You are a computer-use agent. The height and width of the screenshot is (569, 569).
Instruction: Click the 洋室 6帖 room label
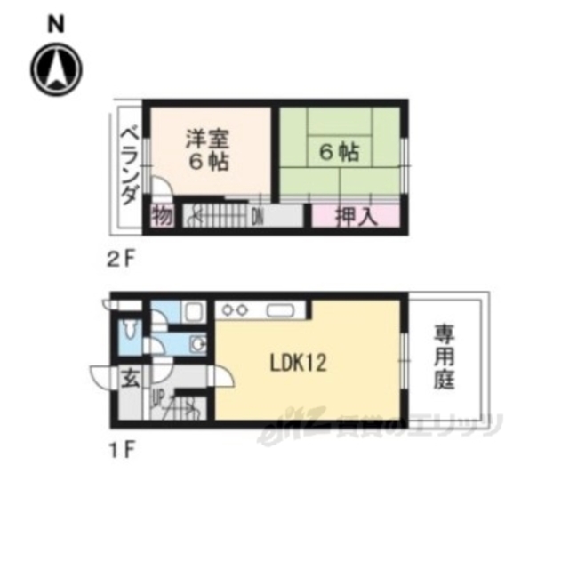pyautogui.click(x=208, y=150)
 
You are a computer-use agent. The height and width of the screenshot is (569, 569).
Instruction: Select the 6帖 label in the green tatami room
pyautogui.click(x=339, y=152)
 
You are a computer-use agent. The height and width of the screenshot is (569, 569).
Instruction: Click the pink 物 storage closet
pyautogui.click(x=161, y=215)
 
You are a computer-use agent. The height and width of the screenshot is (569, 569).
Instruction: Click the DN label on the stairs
pyautogui.click(x=257, y=215)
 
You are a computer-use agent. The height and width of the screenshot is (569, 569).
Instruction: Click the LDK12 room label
pyautogui.click(x=300, y=363)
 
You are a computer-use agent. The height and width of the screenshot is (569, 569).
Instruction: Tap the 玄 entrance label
pyautogui.click(x=130, y=377)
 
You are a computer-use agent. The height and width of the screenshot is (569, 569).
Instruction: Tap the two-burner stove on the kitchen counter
pyautogui.click(x=236, y=310)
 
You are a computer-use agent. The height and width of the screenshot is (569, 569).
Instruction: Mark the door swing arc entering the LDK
pyautogui.click(x=223, y=378)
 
